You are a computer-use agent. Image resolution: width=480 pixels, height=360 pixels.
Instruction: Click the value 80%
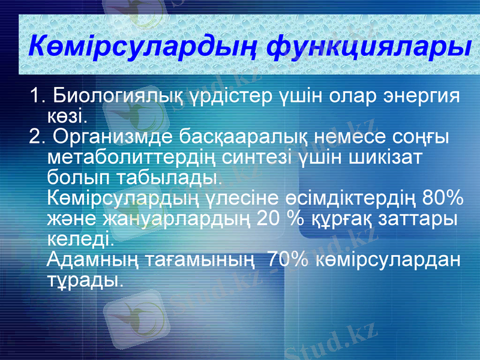pos(443,197)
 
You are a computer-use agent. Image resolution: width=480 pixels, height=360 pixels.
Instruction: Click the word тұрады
pos(84,280)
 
